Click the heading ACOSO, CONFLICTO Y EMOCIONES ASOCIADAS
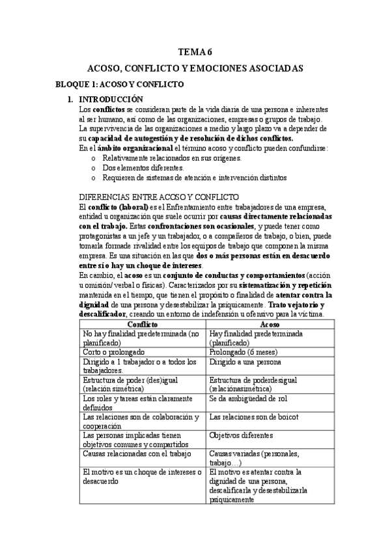195,68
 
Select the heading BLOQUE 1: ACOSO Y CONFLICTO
120,84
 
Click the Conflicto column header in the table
141,324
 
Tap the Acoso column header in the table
270,324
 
